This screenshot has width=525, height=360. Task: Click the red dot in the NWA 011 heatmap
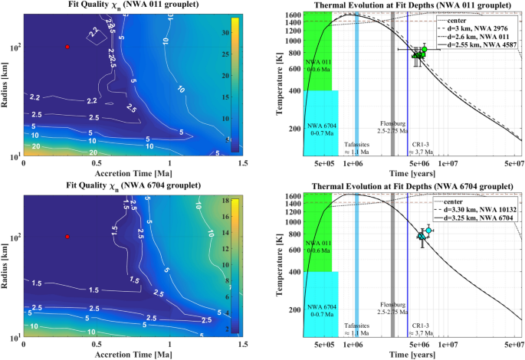click(67, 47)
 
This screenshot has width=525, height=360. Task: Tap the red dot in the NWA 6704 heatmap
click(67, 237)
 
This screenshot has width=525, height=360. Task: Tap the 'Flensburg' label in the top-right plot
click(394, 123)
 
